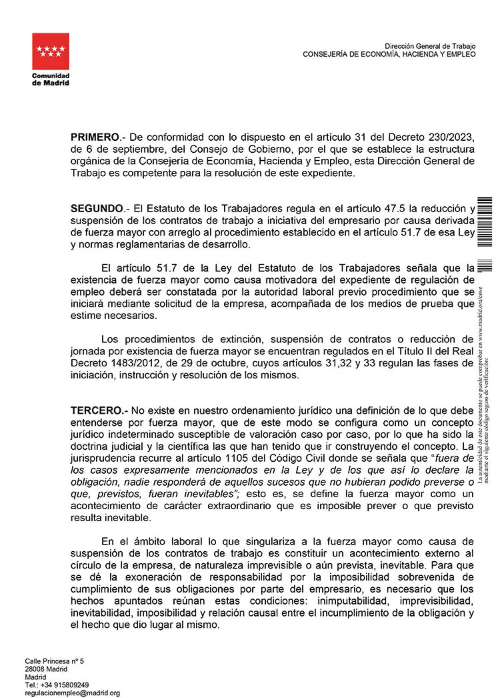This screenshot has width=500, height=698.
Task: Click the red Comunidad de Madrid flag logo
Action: point(51,53)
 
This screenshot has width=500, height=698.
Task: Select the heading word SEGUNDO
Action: point(97,209)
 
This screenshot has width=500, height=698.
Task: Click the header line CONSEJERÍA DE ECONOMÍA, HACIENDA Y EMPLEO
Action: point(389,54)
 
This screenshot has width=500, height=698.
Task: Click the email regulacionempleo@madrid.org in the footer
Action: point(72,693)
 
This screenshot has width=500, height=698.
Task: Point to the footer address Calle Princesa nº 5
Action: point(55,661)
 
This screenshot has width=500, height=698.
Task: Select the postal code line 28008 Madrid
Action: point(46,669)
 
